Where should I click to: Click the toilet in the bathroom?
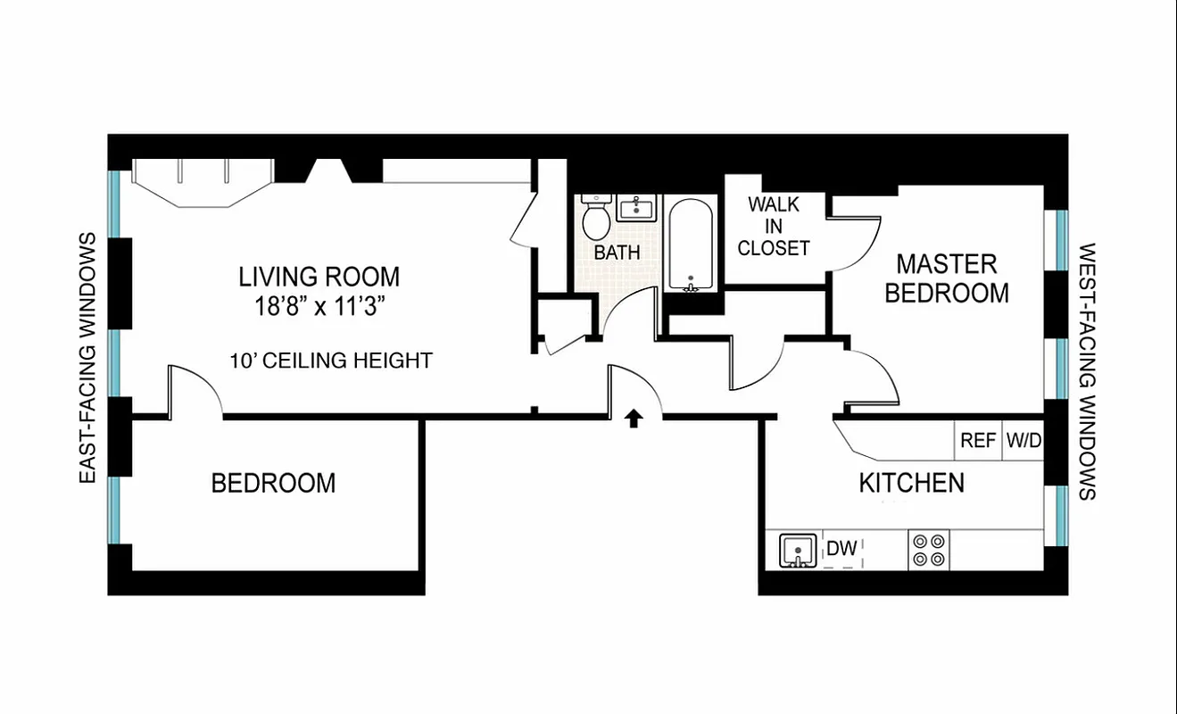pos(595,217)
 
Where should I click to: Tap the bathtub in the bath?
pos(692,245)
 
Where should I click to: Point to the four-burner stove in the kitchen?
pos(929,550)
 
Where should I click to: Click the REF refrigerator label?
pos(977,441)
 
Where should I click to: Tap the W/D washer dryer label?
pos(1024,441)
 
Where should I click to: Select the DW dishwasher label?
pos(841,548)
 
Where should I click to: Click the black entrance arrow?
pos(634,419)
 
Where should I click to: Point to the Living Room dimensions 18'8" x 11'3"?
pos(319,306)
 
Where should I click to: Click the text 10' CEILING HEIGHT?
pos(331,361)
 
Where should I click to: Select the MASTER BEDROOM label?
pos(947,278)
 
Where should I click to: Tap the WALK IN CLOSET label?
pos(774,226)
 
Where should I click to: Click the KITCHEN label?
pos(911,483)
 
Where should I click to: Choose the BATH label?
pos(617,253)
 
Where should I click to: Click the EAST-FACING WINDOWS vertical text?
pos(87,358)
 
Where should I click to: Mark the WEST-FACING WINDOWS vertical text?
pos(1087,371)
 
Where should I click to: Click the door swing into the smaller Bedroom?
pos(195,391)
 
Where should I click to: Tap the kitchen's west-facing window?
pos(1057,515)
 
